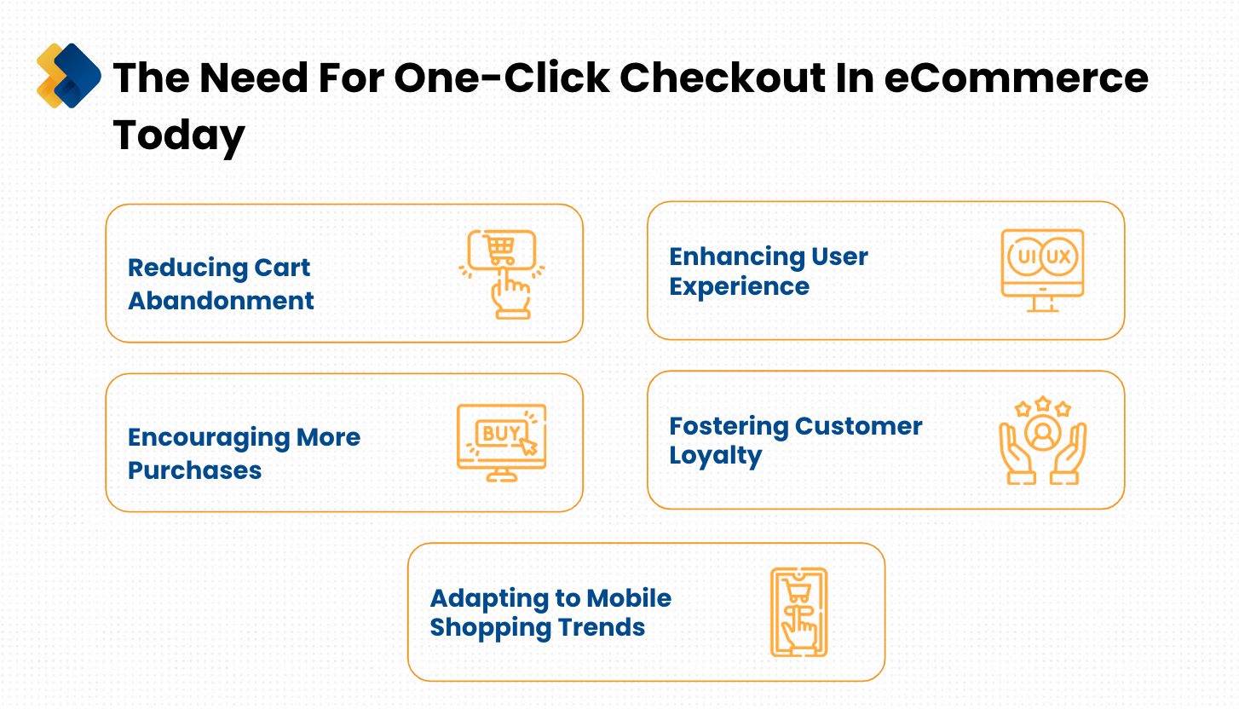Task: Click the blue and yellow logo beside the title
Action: (x=68, y=76)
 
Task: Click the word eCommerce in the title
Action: (x=1016, y=78)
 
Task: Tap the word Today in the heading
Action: (x=179, y=135)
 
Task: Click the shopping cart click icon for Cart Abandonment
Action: (x=502, y=274)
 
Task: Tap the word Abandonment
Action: (x=221, y=301)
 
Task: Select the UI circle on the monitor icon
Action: (x=1026, y=257)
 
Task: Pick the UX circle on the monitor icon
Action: (x=1058, y=257)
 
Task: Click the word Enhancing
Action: (x=737, y=257)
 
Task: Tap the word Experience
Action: (x=739, y=287)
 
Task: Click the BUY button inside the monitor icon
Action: (x=501, y=433)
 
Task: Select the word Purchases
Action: (x=194, y=470)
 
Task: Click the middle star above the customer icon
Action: (x=1043, y=404)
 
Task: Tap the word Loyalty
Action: (x=716, y=457)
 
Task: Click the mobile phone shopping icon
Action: (x=798, y=612)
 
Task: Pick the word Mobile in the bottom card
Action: (x=629, y=598)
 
